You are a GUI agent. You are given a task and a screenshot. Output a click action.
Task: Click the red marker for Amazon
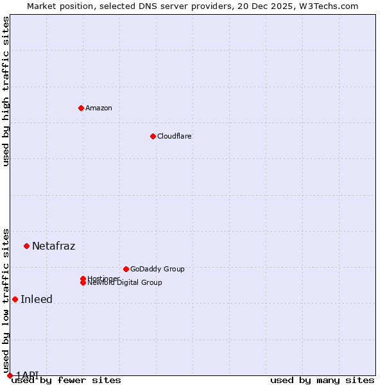[81, 108]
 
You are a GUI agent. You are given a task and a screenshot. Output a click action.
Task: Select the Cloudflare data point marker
[153, 136]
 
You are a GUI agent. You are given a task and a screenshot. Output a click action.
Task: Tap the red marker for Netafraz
[26, 246]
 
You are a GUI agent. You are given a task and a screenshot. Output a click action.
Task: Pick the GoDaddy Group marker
[126, 269]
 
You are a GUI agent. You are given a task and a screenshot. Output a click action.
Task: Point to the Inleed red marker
[15, 299]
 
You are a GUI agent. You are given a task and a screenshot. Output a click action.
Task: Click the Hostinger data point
[83, 278]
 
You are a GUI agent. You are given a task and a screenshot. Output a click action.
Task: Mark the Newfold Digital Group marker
[83, 282]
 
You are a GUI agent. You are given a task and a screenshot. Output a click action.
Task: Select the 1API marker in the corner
[10, 375]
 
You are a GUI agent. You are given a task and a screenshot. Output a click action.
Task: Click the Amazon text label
[99, 108]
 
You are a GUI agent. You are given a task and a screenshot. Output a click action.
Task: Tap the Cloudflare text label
[174, 136]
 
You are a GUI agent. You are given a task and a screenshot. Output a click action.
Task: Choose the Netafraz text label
[53, 246]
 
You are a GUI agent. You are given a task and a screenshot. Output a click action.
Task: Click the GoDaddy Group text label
[157, 269]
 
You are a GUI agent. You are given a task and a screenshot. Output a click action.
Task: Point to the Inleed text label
[37, 299]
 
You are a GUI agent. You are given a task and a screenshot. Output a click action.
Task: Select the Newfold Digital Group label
[124, 283]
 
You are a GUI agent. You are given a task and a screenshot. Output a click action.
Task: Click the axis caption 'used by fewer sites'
[66, 380]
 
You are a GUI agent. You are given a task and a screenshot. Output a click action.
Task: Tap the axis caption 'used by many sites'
[322, 380]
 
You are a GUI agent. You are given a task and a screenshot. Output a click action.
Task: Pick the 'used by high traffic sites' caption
[6, 91]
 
